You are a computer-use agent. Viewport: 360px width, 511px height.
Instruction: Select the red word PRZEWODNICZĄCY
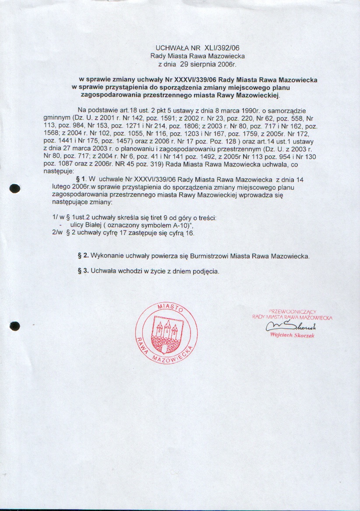(x=292, y=310)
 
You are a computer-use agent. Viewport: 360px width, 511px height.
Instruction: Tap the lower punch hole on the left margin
(x=15, y=326)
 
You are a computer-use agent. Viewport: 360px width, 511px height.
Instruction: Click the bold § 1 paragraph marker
(x=80, y=180)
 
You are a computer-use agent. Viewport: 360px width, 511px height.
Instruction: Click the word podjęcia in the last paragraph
(x=205, y=271)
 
